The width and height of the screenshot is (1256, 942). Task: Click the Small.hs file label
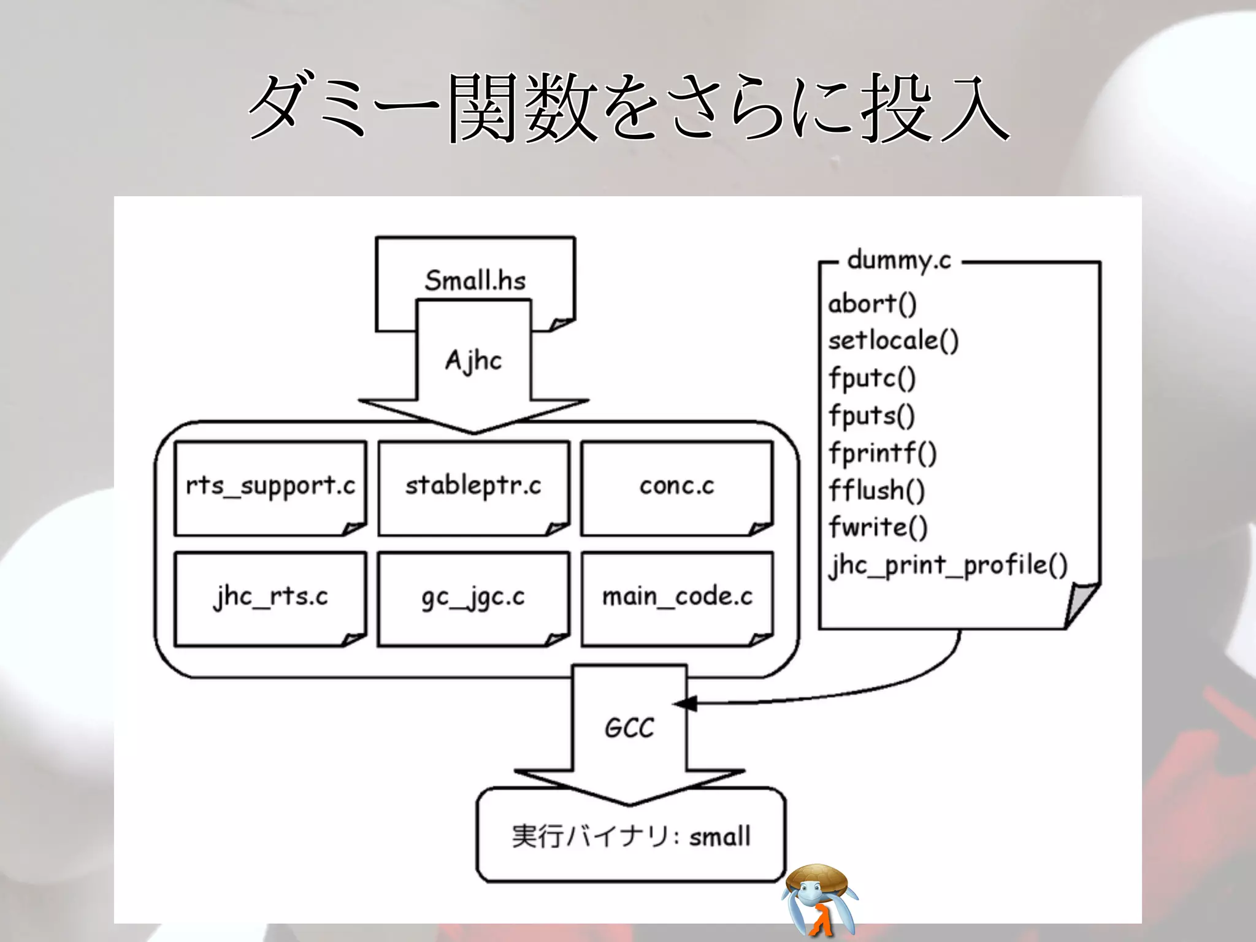(x=475, y=280)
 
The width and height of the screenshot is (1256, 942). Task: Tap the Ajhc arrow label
(x=473, y=361)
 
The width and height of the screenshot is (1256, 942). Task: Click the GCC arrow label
(x=629, y=728)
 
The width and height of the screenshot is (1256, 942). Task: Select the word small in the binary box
(x=719, y=836)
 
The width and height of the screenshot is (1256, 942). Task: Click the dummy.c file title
(x=899, y=261)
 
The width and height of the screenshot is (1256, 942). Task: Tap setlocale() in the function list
(x=894, y=340)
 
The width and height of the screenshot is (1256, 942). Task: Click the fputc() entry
(x=872, y=378)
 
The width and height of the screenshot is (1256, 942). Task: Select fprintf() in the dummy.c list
(x=883, y=453)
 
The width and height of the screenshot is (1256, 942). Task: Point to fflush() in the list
(x=876, y=490)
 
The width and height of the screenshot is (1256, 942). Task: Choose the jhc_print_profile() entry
(x=948, y=565)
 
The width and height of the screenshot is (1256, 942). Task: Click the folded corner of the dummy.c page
(x=1081, y=604)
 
